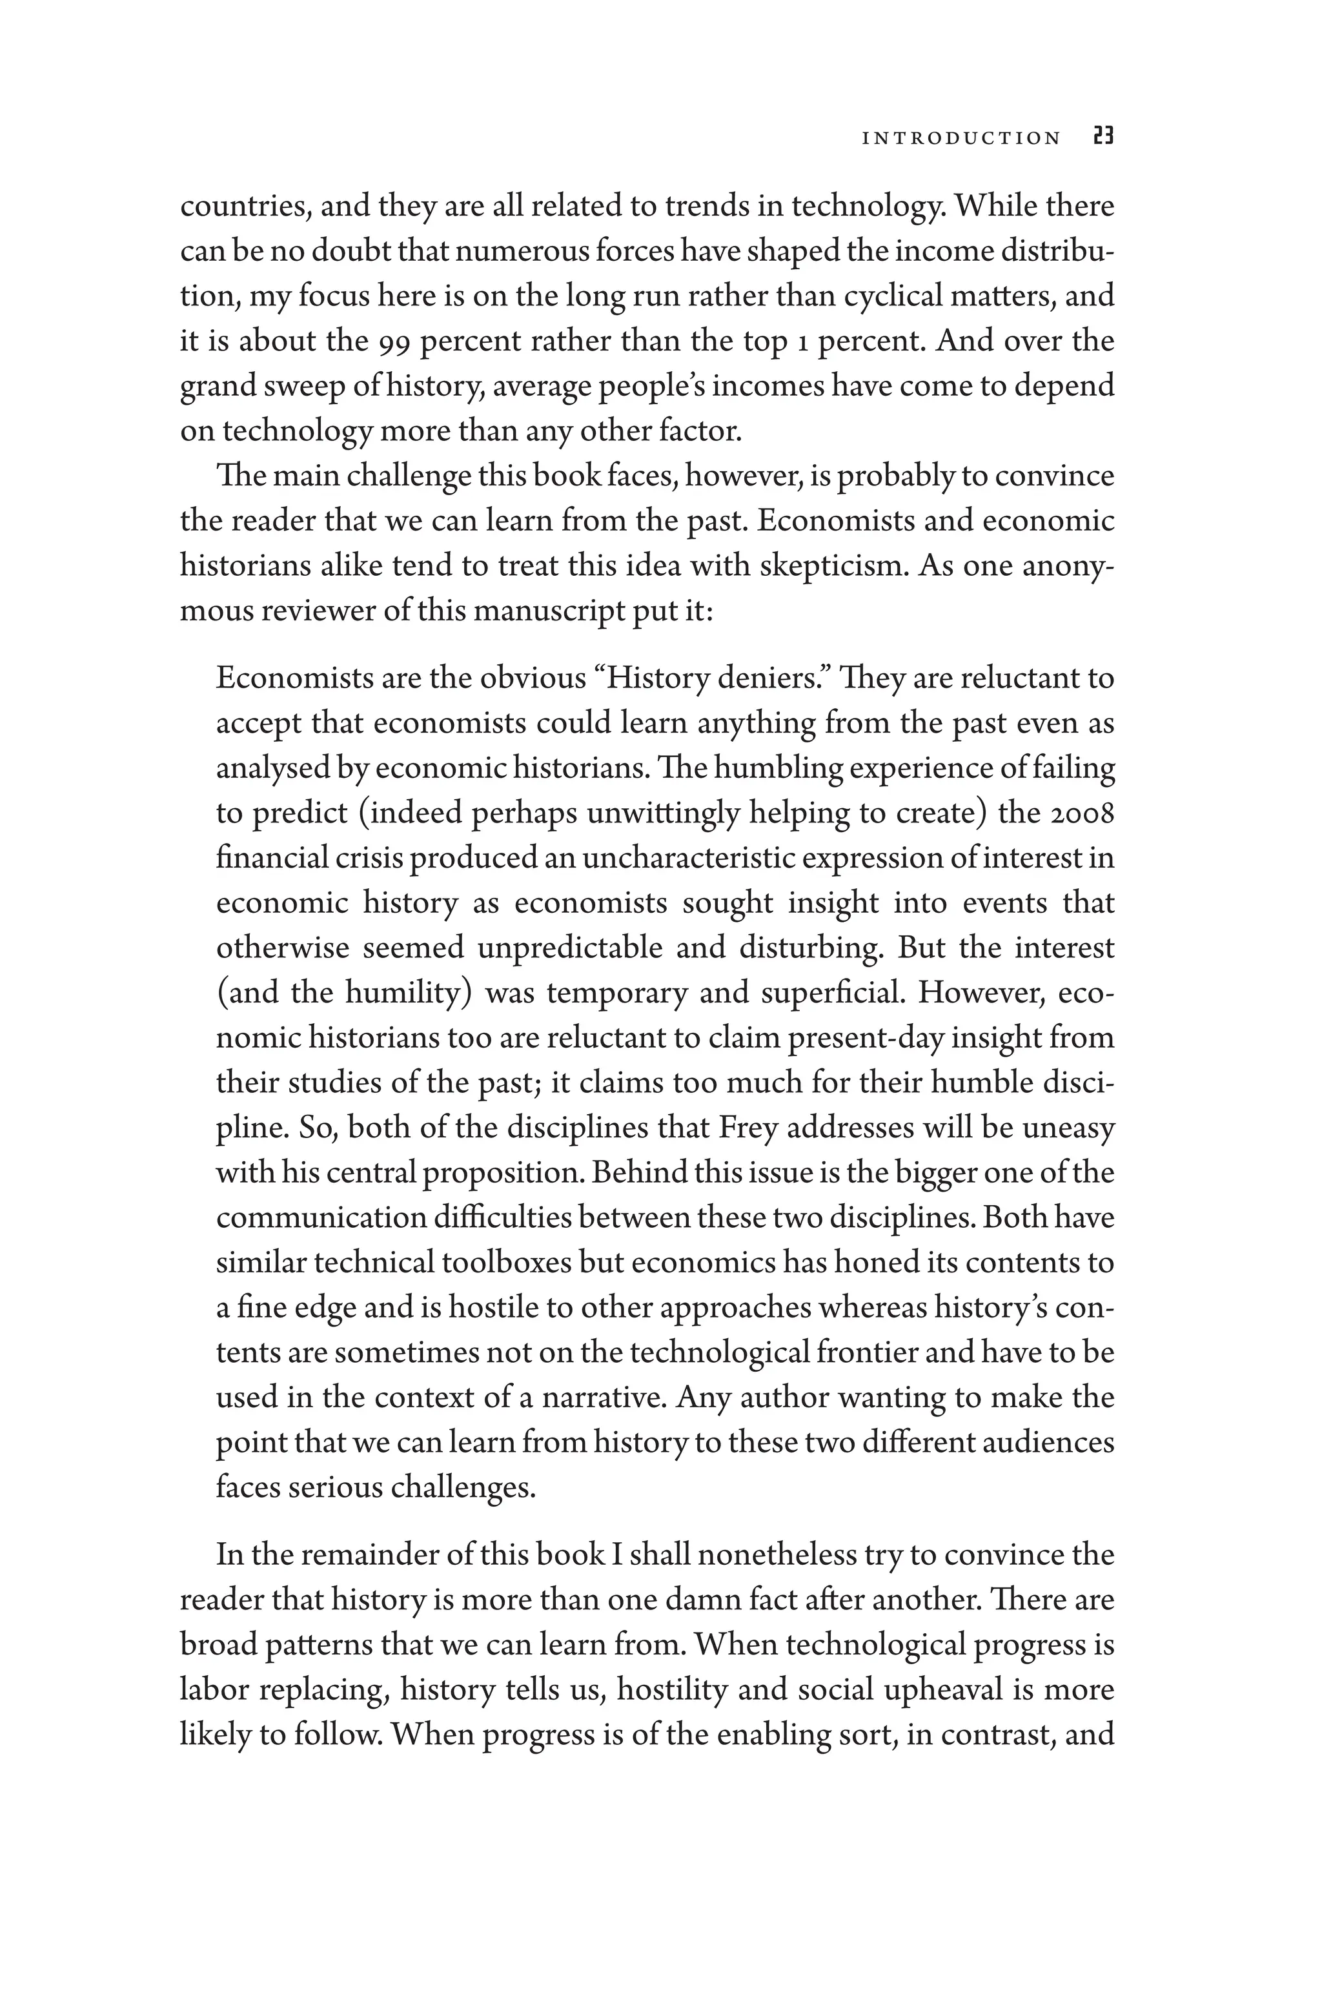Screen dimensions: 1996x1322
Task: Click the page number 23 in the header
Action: click(x=1103, y=137)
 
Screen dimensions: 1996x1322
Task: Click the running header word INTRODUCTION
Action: click(x=961, y=138)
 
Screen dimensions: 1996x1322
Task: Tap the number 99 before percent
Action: click(x=393, y=341)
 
